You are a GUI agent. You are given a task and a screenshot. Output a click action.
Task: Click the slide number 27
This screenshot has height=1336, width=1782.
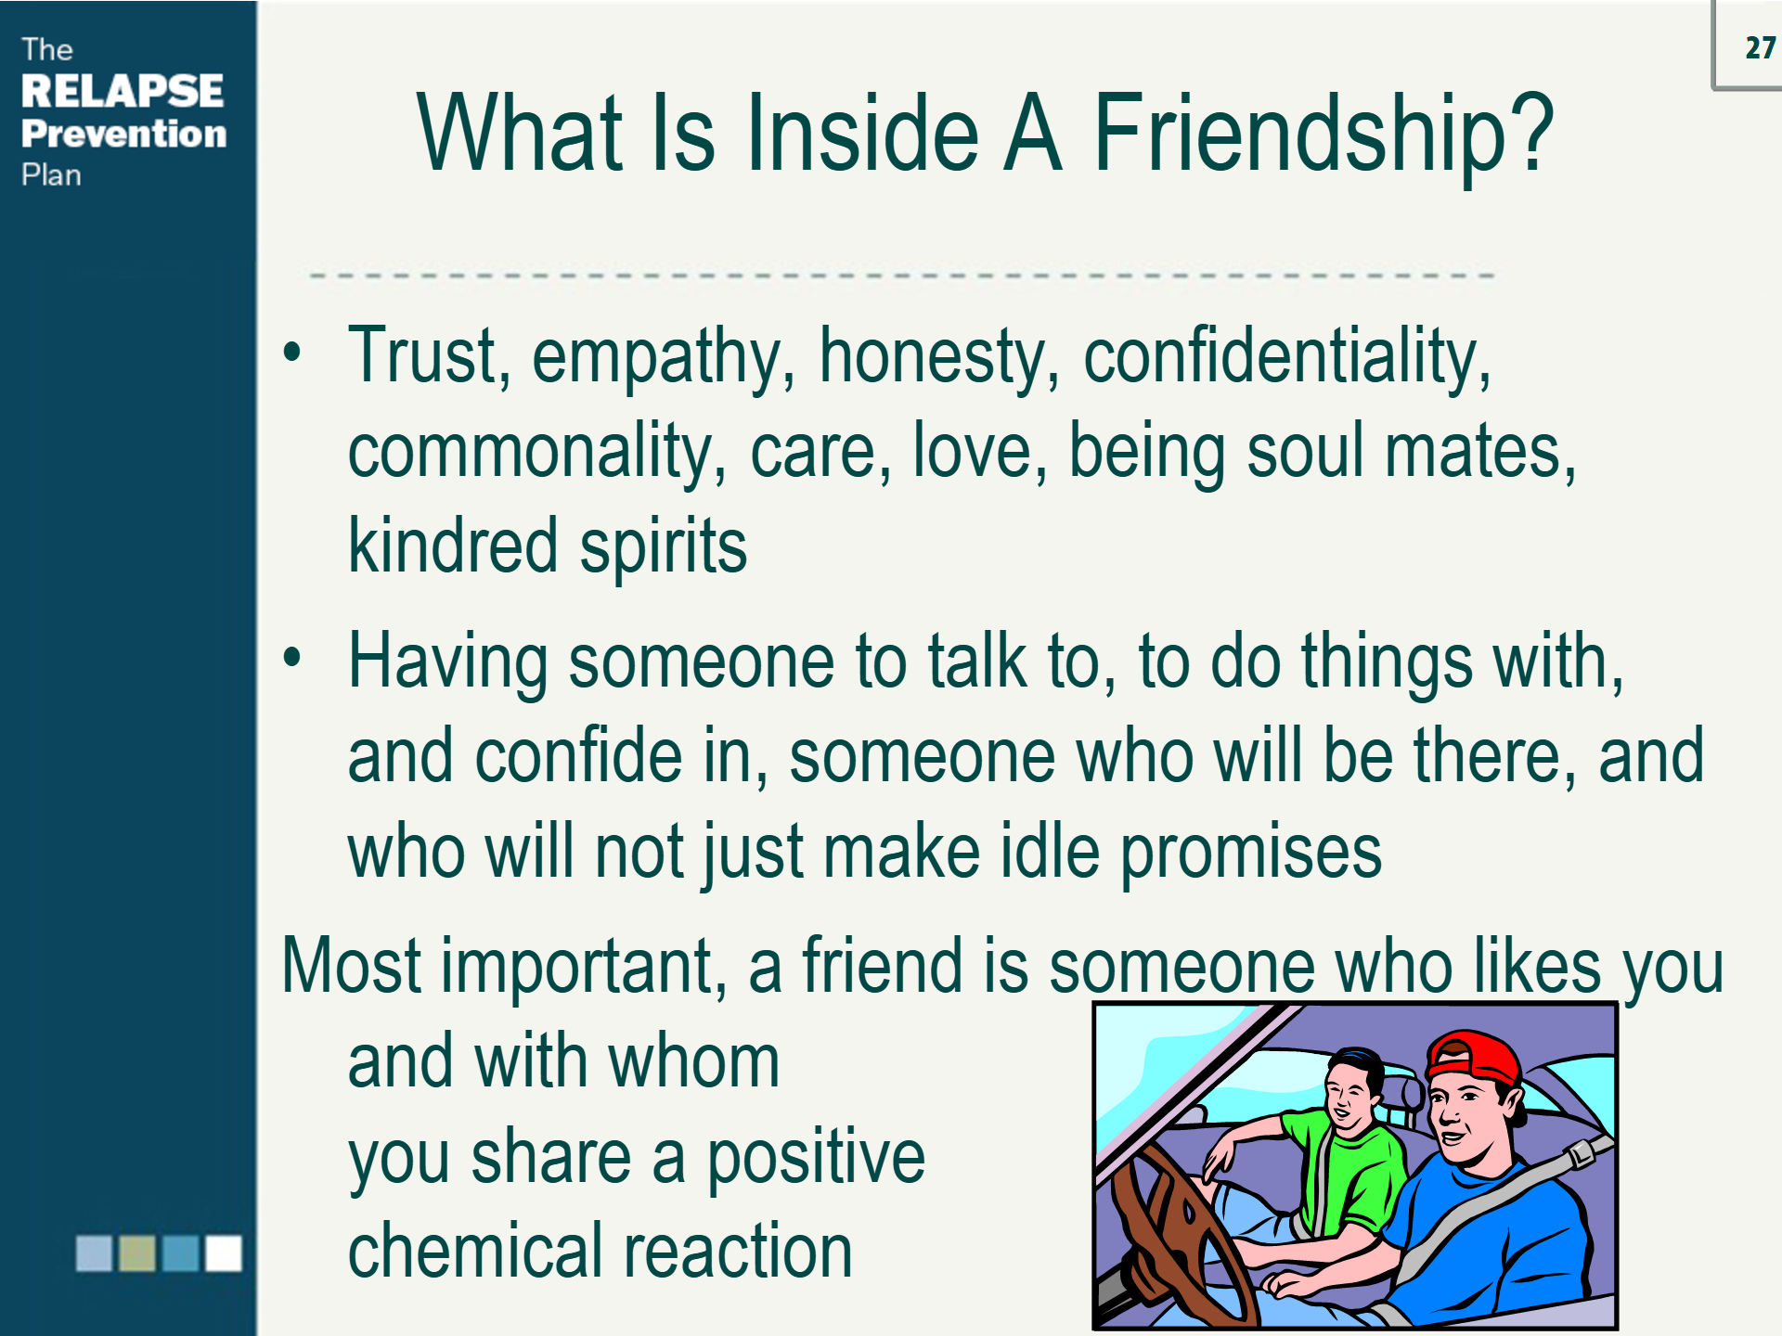(x=1759, y=48)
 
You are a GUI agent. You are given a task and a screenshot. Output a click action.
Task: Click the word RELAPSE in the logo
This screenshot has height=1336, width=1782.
(x=122, y=91)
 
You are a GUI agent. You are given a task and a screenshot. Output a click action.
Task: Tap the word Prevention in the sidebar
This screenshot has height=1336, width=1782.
(x=123, y=134)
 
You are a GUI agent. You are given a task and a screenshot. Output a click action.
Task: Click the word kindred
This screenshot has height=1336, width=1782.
(x=452, y=546)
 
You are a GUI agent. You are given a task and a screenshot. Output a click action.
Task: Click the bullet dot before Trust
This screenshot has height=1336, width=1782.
(x=292, y=353)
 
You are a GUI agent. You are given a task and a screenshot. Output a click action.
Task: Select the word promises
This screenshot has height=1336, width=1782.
(x=1250, y=852)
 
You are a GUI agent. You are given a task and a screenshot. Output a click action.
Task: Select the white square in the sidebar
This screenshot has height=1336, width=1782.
(x=223, y=1252)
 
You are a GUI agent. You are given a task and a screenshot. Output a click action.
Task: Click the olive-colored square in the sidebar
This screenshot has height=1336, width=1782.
(x=137, y=1252)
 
